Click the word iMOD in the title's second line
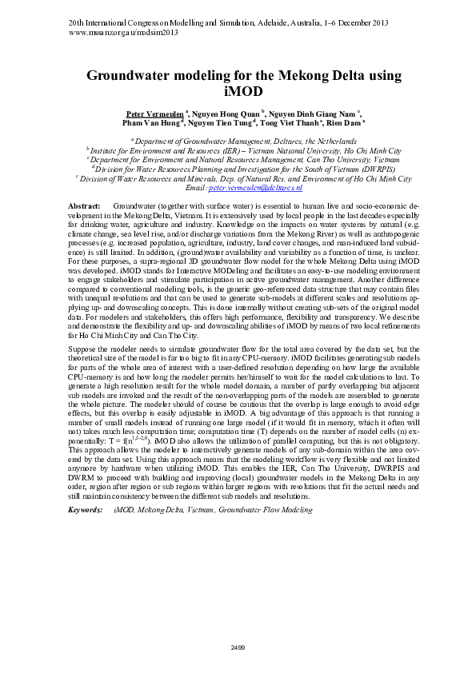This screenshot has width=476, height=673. [238, 91]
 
